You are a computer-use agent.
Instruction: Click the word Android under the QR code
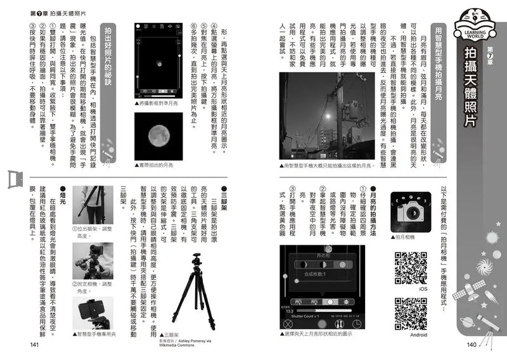(419, 335)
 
